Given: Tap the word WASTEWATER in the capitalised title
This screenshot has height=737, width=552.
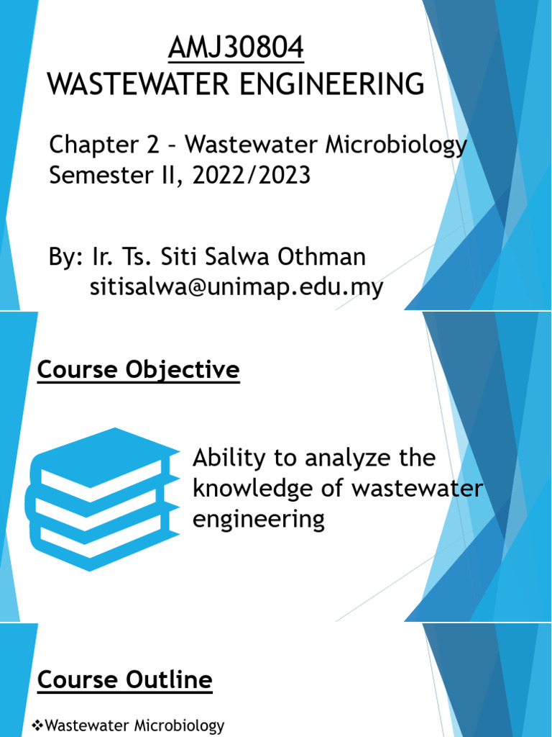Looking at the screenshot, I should pyautogui.click(x=134, y=84).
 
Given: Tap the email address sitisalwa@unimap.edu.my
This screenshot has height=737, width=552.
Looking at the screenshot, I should pyautogui.click(x=236, y=287).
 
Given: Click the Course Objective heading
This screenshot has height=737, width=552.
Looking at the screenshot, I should pyautogui.click(x=138, y=371).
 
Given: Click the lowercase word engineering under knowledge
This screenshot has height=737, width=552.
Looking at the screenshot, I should pyautogui.click(x=259, y=519).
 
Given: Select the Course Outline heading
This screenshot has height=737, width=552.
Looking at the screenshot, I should pyautogui.click(x=124, y=679).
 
